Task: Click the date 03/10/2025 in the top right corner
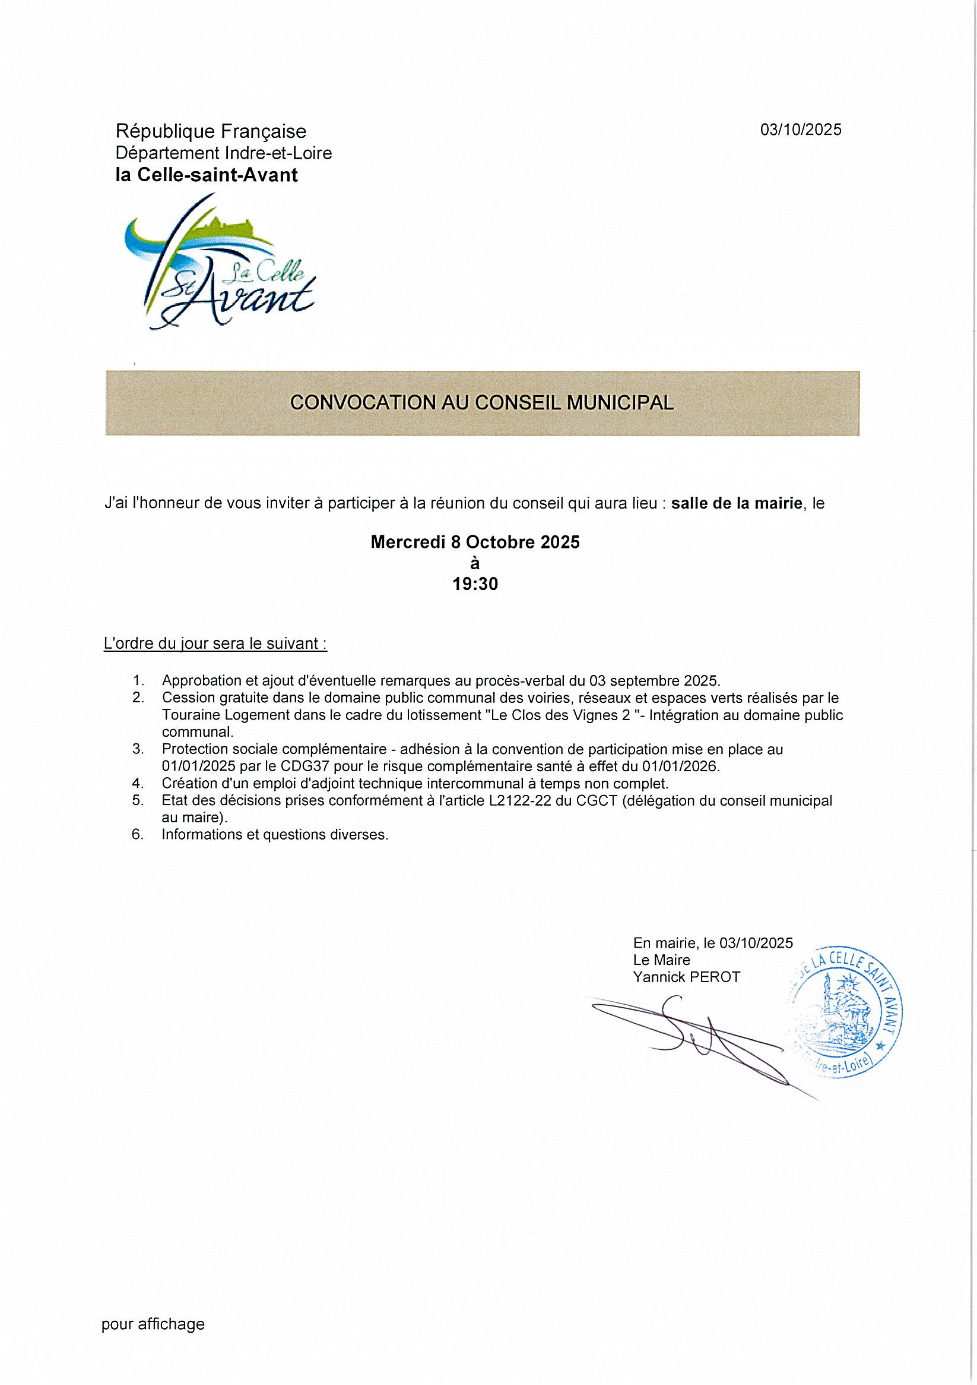(800, 130)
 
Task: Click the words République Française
(211, 131)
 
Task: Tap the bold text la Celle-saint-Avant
(207, 175)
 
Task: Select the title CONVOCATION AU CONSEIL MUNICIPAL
(481, 403)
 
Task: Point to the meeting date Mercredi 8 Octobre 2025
(475, 542)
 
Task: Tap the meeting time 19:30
(475, 584)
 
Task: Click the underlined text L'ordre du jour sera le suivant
(215, 643)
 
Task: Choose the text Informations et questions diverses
(275, 835)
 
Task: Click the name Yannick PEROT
(687, 977)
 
